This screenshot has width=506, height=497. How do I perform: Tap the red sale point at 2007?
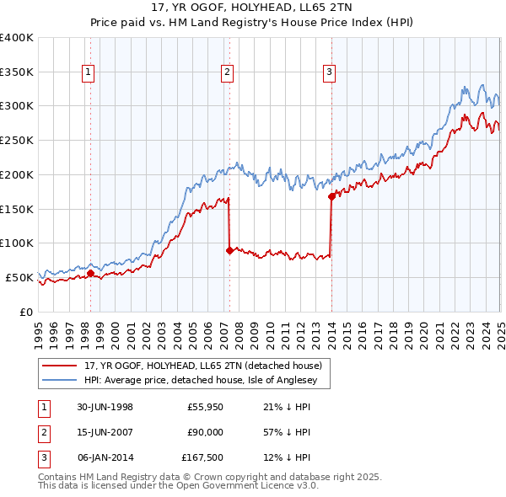coord(229,250)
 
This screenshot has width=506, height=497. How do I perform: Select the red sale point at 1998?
coord(90,273)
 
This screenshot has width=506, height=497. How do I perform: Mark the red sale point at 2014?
coord(331,197)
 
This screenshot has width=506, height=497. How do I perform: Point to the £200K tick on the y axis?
coord(17,174)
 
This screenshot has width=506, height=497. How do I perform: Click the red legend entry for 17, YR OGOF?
coord(202,366)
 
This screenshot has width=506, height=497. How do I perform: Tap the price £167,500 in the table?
coord(202,458)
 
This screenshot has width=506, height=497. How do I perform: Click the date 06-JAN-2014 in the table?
coord(105,458)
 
